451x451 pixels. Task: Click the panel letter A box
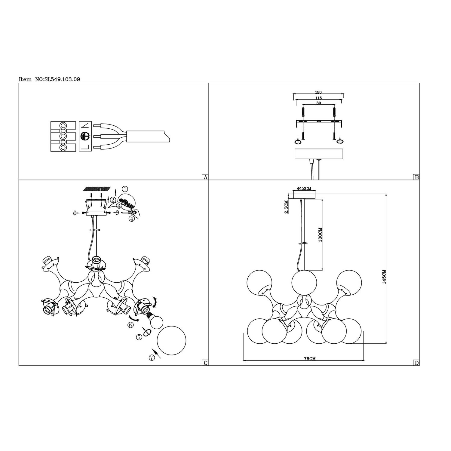205,177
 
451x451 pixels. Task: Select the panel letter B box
416,177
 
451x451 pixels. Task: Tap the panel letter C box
205,363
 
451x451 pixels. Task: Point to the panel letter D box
416,363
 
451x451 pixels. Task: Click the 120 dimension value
319,92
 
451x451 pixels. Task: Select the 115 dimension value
319,98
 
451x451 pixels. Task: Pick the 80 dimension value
319,103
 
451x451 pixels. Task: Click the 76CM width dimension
310,358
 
